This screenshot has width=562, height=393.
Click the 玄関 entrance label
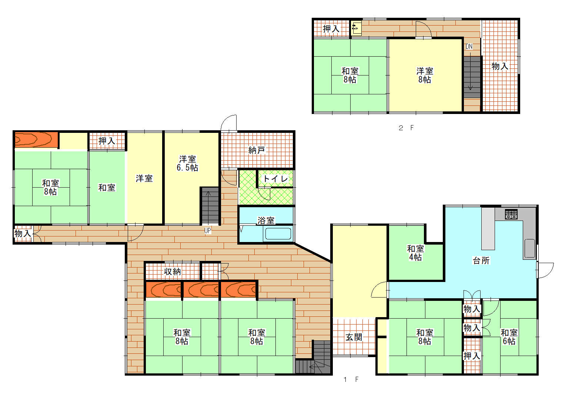pos(354,337)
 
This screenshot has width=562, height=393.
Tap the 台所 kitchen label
pos(481,261)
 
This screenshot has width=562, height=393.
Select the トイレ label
pos(275,179)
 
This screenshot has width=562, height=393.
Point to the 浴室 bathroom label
pos(266,221)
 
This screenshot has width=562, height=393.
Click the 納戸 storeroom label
pos(257,150)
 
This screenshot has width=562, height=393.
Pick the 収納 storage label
pos(173,272)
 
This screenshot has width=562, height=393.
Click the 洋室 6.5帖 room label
pos(187,163)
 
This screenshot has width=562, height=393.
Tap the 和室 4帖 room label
pos(415,253)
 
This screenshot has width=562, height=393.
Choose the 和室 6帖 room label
pos(509,337)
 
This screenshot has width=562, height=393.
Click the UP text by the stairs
pos(208,231)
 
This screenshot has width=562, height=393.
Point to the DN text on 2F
pos(469,46)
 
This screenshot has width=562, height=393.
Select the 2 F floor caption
pos(406,128)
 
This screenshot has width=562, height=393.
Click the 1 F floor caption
pos(351,379)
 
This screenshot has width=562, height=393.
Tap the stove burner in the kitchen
pos(511,214)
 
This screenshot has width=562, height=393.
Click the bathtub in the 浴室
pos(278,234)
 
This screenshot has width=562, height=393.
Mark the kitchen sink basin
pos(530,248)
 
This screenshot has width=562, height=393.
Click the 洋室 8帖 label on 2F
pos(425,75)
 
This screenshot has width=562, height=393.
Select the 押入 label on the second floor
pos(331,29)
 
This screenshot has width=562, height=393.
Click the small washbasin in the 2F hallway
pos(356,28)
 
